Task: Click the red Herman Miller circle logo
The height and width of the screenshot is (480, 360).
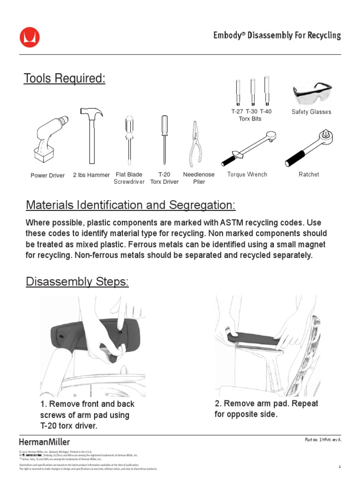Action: point(30,37)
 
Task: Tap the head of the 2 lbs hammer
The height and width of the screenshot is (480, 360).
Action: point(92,113)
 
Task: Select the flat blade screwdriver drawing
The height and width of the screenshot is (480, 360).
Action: point(129,141)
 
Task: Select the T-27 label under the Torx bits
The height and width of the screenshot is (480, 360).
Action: point(237,112)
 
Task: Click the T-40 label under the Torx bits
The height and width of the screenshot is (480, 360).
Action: point(265,112)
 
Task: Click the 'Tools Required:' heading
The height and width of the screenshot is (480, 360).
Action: point(65,79)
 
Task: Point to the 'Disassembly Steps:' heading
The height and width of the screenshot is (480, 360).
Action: point(77,282)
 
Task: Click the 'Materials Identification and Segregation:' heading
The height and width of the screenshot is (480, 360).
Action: point(131,205)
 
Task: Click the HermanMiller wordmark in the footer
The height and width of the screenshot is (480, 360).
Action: point(45,442)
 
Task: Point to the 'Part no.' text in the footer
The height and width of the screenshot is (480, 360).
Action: point(311,440)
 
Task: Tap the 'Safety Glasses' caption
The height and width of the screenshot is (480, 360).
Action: point(311,112)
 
